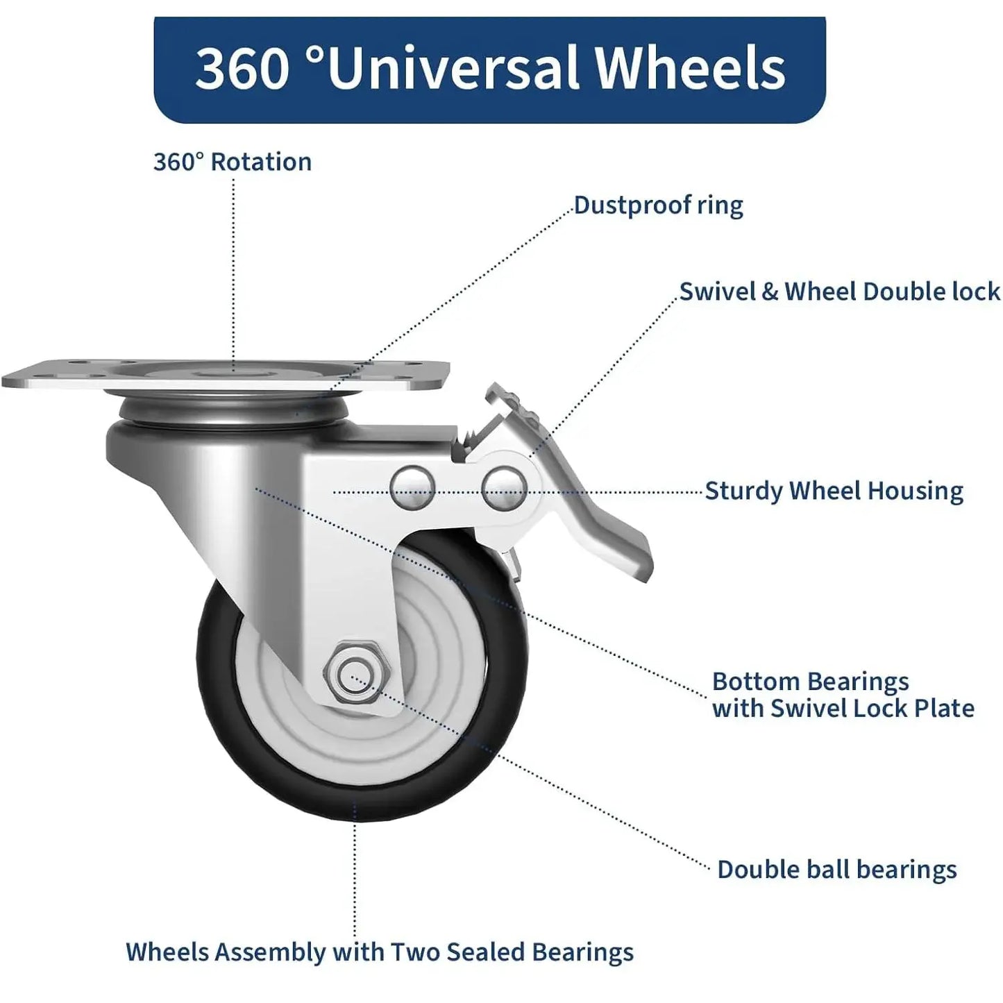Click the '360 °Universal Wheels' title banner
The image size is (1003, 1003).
coord(489,69)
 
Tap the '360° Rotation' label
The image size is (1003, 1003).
coord(233,162)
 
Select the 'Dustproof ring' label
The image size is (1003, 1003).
coord(659,206)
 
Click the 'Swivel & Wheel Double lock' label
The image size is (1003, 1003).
coord(840,292)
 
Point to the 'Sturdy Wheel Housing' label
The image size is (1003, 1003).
coord(834,491)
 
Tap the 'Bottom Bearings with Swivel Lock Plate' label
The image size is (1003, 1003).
coord(843,695)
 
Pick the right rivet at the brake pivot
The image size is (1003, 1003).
coord(504,488)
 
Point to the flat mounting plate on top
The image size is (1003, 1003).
coord(226,373)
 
